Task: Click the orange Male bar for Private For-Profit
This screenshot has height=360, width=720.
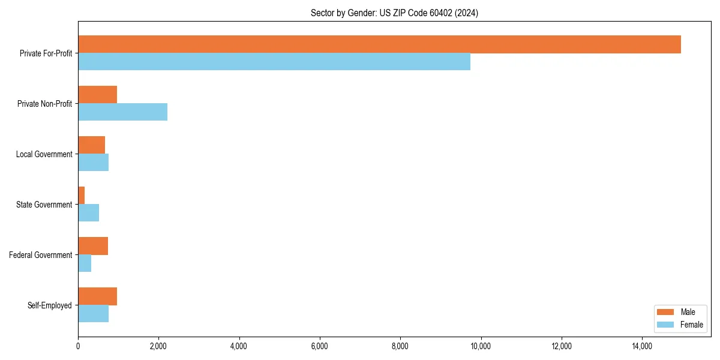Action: click(x=379, y=44)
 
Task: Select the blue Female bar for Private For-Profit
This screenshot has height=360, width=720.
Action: click(x=274, y=62)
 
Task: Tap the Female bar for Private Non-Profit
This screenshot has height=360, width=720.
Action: click(x=122, y=112)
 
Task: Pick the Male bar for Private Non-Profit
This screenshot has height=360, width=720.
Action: click(x=97, y=95)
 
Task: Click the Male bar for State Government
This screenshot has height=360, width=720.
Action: click(x=82, y=196)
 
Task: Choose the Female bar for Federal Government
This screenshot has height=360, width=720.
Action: click(x=85, y=263)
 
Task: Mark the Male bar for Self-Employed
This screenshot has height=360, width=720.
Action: click(x=97, y=296)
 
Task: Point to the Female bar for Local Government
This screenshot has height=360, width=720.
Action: click(x=93, y=163)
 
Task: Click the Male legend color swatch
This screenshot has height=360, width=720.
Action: click(x=666, y=312)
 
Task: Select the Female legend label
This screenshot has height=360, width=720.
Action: click(x=692, y=325)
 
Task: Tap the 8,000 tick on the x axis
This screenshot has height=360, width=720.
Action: click(x=400, y=346)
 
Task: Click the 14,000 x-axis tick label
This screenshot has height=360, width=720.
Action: click(x=642, y=346)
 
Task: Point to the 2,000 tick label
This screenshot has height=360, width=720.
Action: click(x=158, y=346)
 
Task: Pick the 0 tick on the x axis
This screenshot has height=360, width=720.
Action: click(x=78, y=346)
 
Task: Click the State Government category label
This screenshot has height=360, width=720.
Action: click(x=44, y=205)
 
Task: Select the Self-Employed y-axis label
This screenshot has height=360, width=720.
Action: click(x=50, y=305)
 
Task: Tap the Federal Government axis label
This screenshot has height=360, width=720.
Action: click(x=41, y=255)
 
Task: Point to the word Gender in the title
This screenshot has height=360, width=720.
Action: click(x=351, y=13)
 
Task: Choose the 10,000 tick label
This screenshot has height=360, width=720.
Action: click(x=481, y=346)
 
